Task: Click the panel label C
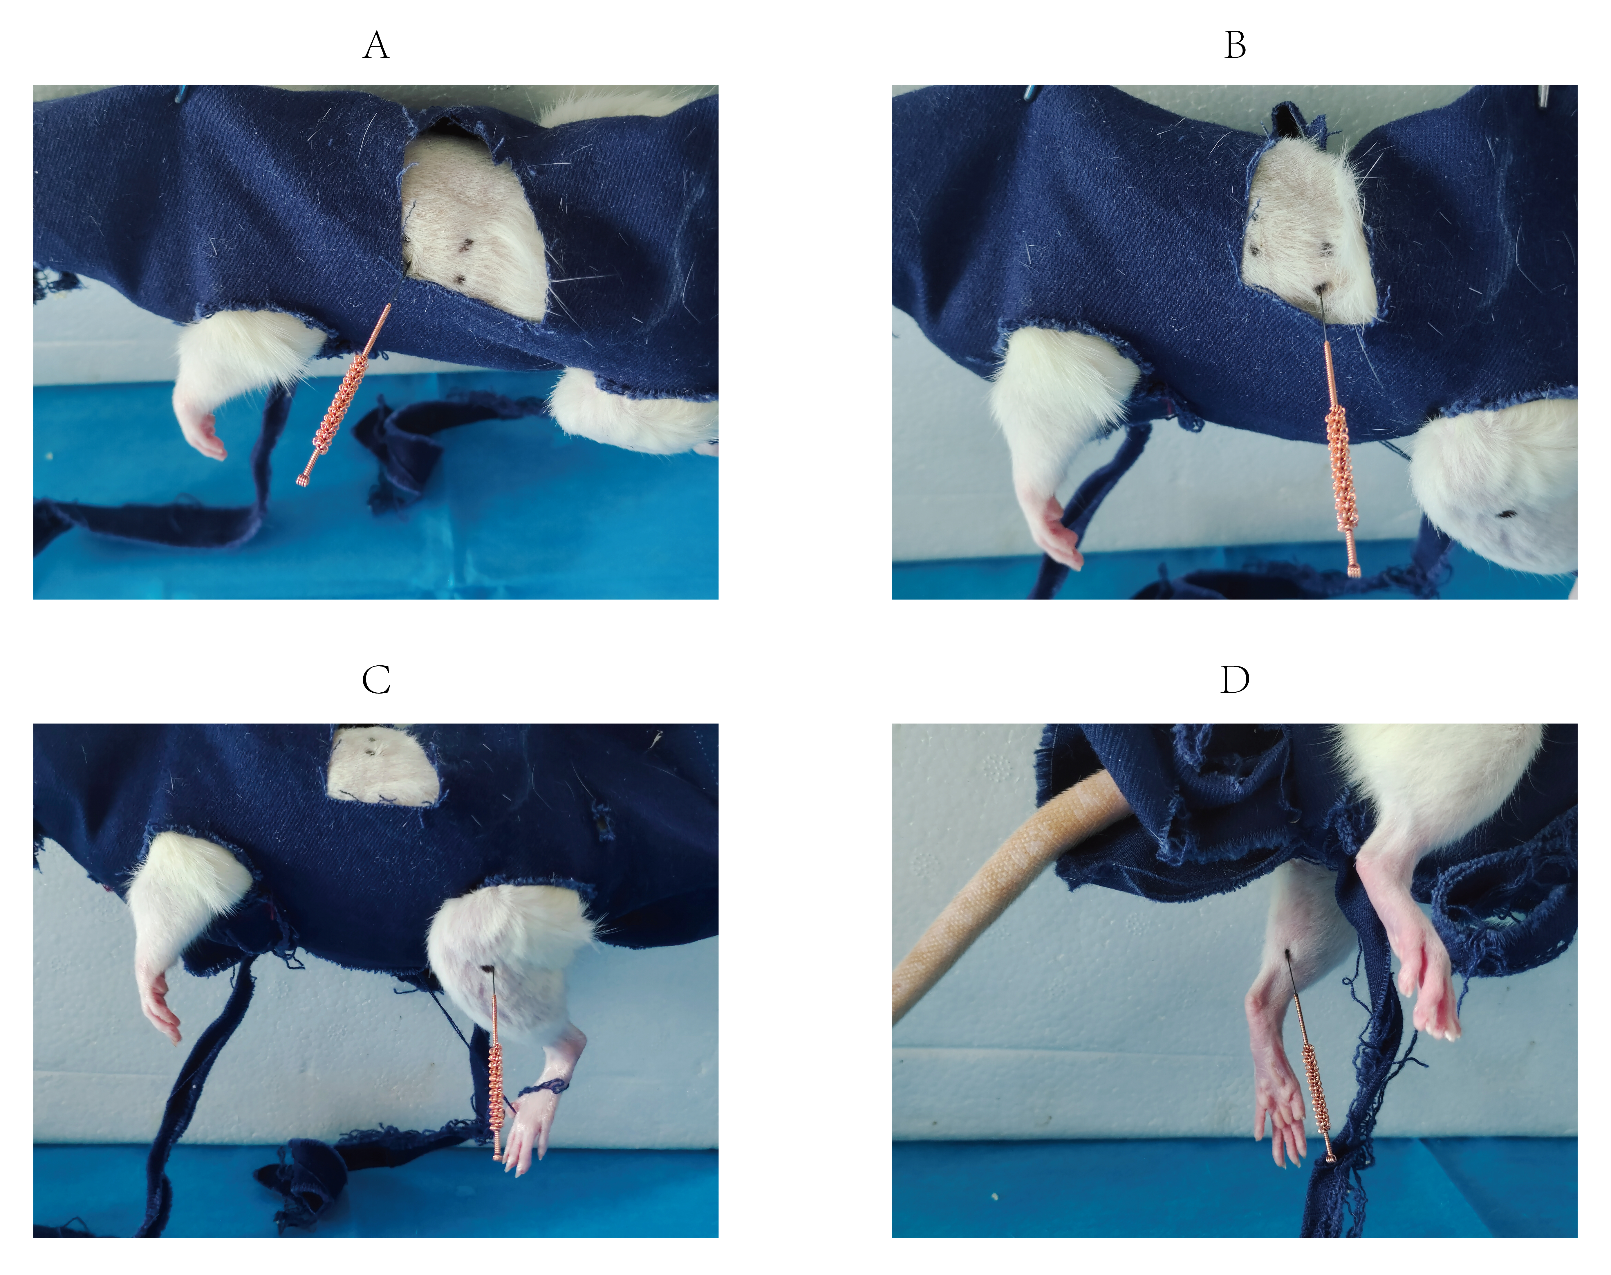tap(376, 680)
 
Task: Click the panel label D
tap(1235, 680)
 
